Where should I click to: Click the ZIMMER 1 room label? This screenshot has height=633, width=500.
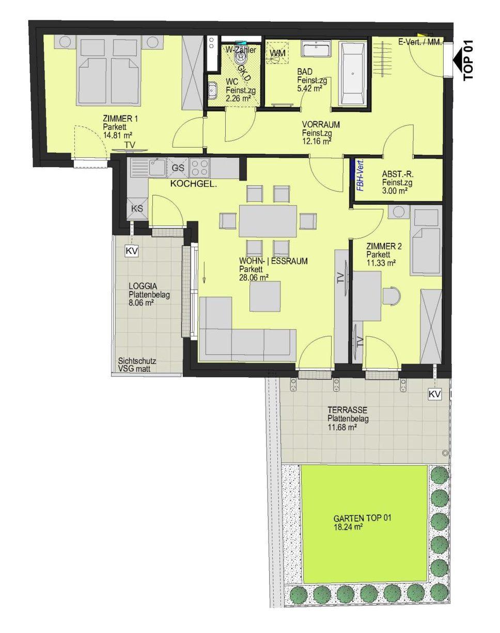[120, 119]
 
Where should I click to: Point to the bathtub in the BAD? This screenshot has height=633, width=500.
[352, 73]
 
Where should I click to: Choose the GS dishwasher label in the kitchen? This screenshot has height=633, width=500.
[178, 168]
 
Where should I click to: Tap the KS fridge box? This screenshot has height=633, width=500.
[137, 208]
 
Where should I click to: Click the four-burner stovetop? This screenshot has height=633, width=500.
[200, 168]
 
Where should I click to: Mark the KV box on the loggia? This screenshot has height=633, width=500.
[132, 251]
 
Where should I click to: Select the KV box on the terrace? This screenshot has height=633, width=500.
[434, 395]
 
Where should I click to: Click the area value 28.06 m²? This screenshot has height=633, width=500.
[254, 277]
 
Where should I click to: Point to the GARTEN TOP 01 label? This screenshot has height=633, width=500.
[363, 517]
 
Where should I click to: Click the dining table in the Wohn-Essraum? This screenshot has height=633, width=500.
[268, 221]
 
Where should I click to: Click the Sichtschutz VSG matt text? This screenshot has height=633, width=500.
[137, 365]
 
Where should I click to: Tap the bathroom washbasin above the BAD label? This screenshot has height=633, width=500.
[316, 49]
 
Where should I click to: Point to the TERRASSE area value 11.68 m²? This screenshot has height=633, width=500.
[342, 427]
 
